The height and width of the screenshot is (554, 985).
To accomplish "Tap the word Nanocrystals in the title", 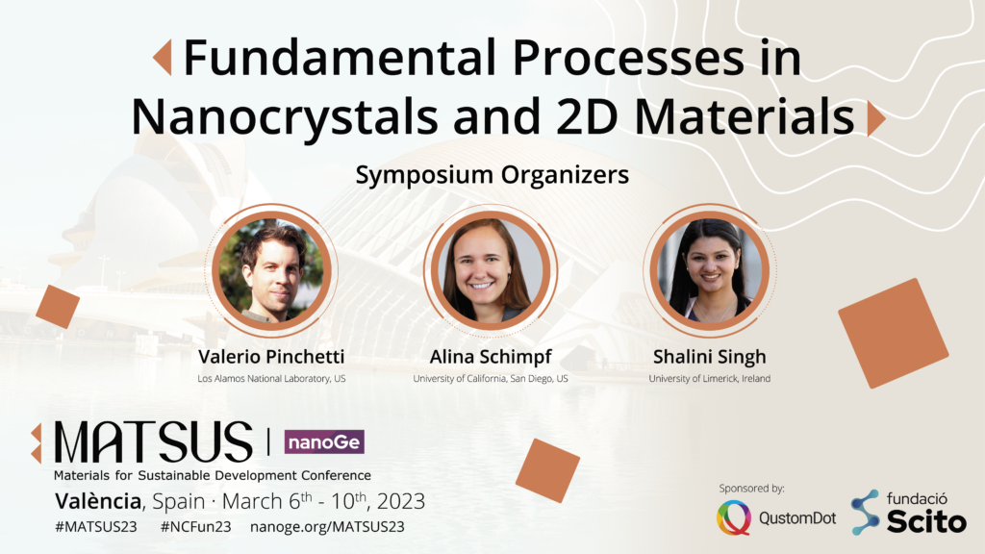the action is click(x=285, y=117).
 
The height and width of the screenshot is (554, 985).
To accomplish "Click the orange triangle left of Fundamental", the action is click(x=163, y=57).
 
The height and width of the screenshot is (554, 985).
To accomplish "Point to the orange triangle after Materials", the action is click(x=876, y=118).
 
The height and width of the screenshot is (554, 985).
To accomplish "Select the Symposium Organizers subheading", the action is click(x=492, y=175).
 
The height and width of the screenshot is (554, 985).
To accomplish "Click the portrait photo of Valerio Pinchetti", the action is click(x=271, y=270).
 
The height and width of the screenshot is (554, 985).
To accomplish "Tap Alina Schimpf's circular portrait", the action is click(x=490, y=270).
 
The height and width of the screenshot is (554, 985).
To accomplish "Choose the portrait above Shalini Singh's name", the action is click(x=710, y=270).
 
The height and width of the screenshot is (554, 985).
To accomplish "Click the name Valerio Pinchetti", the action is click(x=271, y=357).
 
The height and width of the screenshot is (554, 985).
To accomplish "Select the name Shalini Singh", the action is click(x=710, y=358).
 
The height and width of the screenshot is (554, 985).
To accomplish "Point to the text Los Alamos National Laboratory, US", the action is click(x=271, y=379).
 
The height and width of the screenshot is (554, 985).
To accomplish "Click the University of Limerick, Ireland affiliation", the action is click(x=710, y=379).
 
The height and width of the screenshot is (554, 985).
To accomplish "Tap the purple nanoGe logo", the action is click(x=324, y=441).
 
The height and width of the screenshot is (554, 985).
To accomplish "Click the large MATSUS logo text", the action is click(x=153, y=442).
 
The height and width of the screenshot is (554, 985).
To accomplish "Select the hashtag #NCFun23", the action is click(x=196, y=526).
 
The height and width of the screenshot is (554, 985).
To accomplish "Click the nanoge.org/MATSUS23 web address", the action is click(x=327, y=527).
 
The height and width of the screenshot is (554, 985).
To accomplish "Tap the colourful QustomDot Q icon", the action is click(x=734, y=517).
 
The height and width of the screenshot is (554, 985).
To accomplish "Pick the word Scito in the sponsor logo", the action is click(x=926, y=521).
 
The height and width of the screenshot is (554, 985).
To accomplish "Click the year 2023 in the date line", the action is click(x=401, y=501).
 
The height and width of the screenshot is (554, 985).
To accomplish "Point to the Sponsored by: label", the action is click(x=752, y=488).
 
